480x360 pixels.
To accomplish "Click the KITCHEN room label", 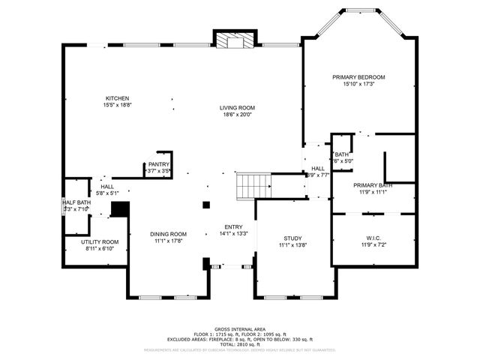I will pos(117,98).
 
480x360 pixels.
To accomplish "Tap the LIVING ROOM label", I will pos(237,107).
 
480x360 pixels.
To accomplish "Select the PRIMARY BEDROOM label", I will pos(358,77).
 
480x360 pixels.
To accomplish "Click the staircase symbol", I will pos(253,184).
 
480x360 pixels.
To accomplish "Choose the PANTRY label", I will pos(158,164).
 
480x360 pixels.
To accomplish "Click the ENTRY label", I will pos(233,226).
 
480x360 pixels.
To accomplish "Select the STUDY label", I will pos(293,238).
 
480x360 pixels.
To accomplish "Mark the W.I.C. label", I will pos(372,238).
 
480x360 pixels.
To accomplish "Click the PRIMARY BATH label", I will pos(373,185).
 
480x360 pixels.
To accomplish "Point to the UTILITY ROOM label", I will pos(100,241).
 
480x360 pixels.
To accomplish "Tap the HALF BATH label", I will pos(76,202).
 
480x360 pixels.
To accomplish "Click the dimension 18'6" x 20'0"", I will pos(237,115).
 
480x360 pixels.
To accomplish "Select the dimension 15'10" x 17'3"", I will pos(358,85).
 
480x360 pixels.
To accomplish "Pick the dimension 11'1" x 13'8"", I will pos(293,245).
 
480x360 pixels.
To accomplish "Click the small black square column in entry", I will pos(205,204).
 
